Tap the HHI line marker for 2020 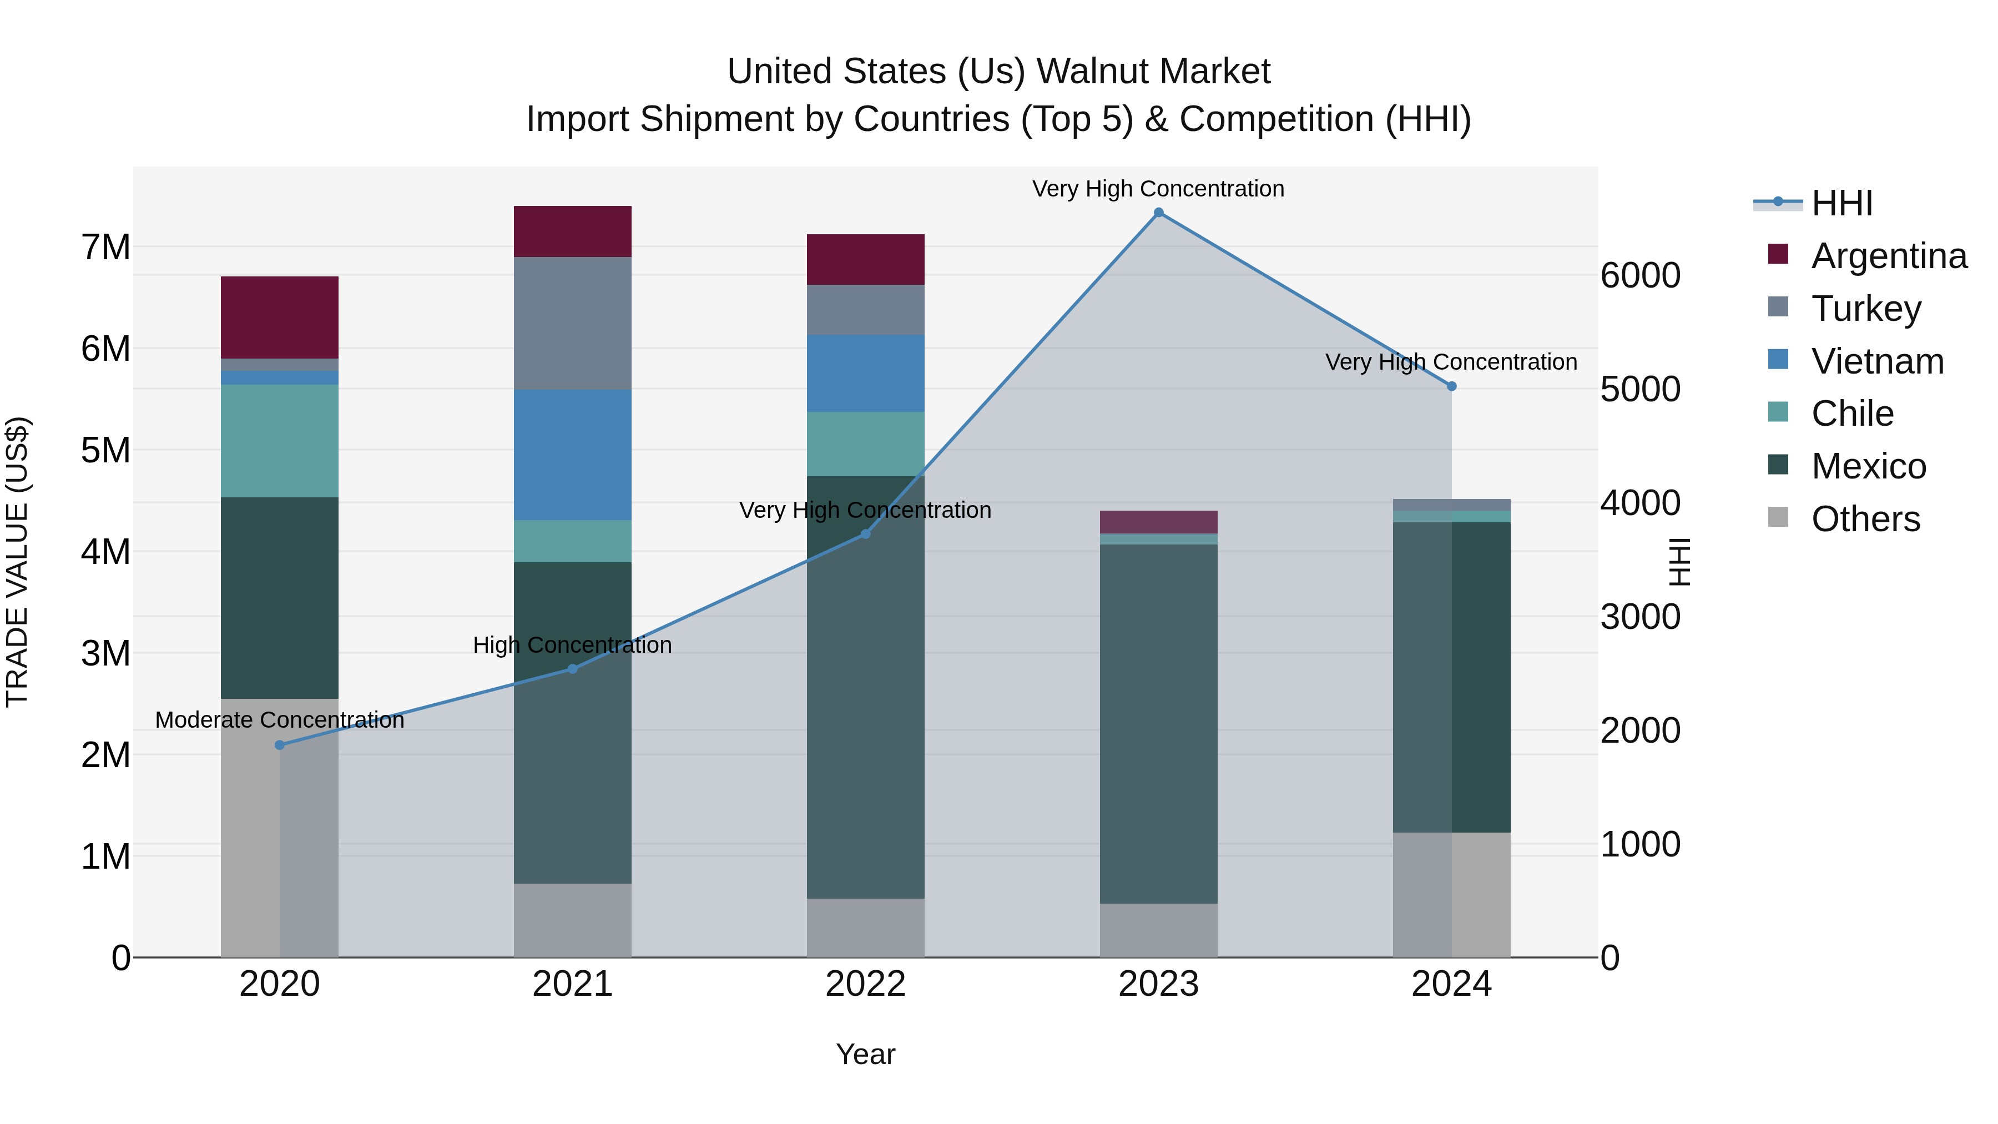[280, 745]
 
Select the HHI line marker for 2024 [1451, 386]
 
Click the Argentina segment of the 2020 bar [280, 317]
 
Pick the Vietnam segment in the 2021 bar [572, 455]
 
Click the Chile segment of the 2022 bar [866, 443]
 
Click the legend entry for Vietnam [1876, 361]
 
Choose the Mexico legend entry [1868, 466]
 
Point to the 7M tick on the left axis [106, 248]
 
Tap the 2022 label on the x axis [866, 984]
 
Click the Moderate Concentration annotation [280, 720]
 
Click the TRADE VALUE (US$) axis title [18, 562]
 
